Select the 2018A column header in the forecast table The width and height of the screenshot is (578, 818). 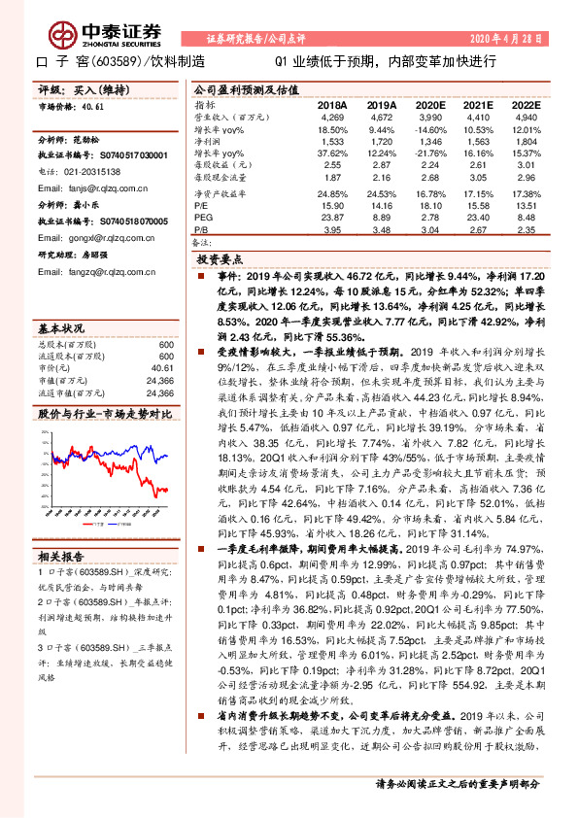pyautogui.click(x=332, y=105)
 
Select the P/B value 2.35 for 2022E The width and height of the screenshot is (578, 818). pyautogui.click(x=526, y=229)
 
